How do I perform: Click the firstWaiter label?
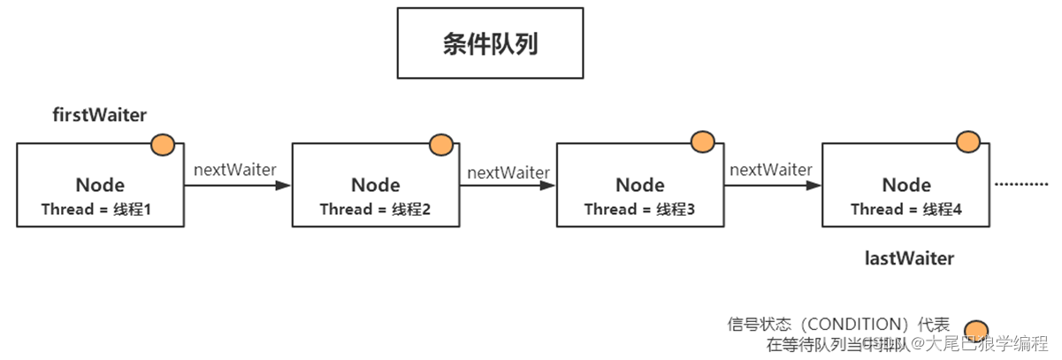(99, 115)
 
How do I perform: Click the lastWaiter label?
(909, 259)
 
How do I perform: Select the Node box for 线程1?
(100, 186)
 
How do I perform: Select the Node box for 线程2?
(375, 186)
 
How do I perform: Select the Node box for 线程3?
(639, 186)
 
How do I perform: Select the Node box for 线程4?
(905, 186)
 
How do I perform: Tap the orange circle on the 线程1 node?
(163, 145)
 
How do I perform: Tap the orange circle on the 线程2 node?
(439, 144)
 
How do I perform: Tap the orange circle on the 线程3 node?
(702, 142)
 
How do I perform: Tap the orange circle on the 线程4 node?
(968, 142)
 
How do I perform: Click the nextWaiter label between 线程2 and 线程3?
(508, 172)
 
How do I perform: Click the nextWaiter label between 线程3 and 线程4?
(771, 169)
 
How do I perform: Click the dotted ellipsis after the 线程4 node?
(1021, 186)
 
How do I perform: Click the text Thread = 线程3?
(639, 210)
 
